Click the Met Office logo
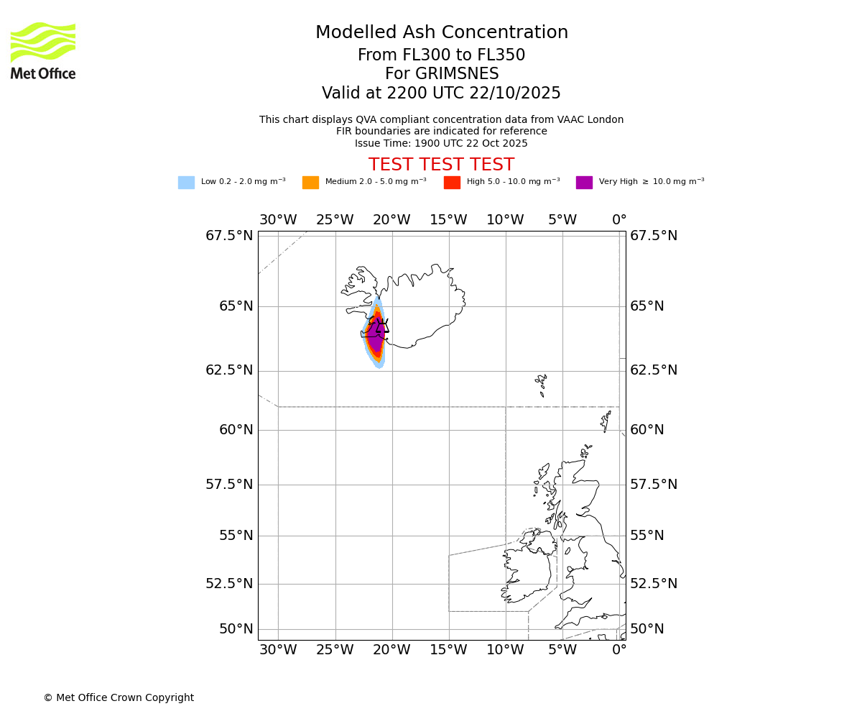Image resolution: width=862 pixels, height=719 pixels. (43, 50)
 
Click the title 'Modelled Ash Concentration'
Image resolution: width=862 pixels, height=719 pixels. (441, 32)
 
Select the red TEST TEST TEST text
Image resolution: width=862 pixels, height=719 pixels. (441, 165)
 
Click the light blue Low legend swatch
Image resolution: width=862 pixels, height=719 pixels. (186, 183)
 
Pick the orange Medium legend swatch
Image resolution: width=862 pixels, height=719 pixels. (310, 183)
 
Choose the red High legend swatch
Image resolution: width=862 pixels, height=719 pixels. (452, 183)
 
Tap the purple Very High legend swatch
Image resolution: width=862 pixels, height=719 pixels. (584, 183)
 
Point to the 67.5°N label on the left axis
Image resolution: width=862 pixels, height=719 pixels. (229, 236)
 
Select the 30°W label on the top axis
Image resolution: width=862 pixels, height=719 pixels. (278, 220)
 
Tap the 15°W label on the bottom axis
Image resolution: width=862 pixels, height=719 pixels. (448, 651)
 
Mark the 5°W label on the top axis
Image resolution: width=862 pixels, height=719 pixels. (562, 220)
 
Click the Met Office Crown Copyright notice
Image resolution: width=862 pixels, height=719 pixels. (119, 697)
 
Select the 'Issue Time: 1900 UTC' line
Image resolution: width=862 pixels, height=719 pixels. (441, 143)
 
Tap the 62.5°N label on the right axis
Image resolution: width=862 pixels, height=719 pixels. (654, 370)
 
